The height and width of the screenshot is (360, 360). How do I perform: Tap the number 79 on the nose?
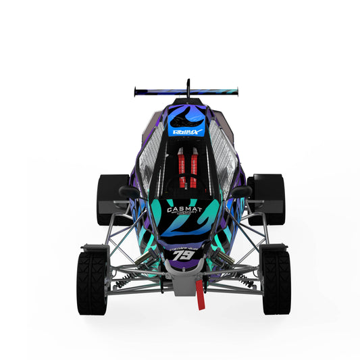tap(181, 255)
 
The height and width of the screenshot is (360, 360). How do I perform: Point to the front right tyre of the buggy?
tap(276, 282)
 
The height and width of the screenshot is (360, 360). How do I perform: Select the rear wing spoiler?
tap(186, 90)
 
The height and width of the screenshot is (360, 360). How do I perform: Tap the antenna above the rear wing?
tap(188, 86)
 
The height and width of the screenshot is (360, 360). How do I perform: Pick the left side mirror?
tap(130, 192)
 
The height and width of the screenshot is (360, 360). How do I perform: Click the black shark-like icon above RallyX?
tap(187, 111)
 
